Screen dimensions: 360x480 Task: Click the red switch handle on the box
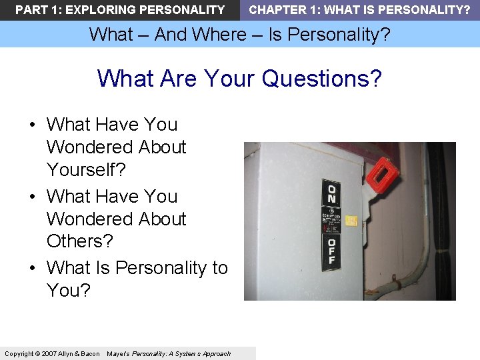[x=383, y=173]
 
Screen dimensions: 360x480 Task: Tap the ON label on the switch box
[x=331, y=194]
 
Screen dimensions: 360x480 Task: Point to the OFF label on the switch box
[x=331, y=253]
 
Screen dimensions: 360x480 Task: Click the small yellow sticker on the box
[x=351, y=220]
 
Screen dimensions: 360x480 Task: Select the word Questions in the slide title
[x=322, y=79]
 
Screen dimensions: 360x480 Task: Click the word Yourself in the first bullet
[x=85, y=170]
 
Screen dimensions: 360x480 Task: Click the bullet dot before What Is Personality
[x=32, y=269]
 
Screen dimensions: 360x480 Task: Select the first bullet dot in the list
[x=32, y=125]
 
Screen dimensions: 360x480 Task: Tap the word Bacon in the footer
[x=89, y=353]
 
